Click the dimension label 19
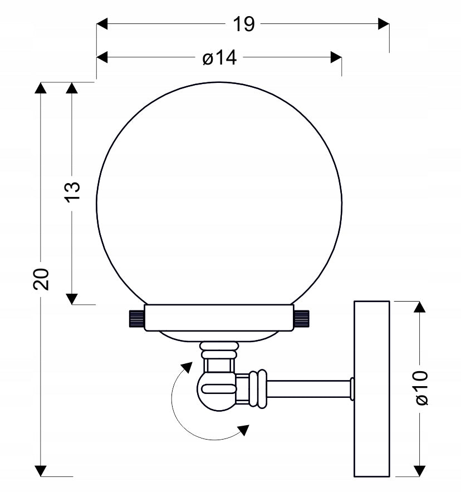pos(243,24)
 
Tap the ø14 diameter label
pos(220,58)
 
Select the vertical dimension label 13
pos(73,191)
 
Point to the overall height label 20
pos(41,279)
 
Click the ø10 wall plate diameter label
pos(421,388)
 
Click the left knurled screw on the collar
pos(136,318)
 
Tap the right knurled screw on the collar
pos(302,318)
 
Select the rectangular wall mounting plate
pos(372,388)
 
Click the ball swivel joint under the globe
pos(216,391)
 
